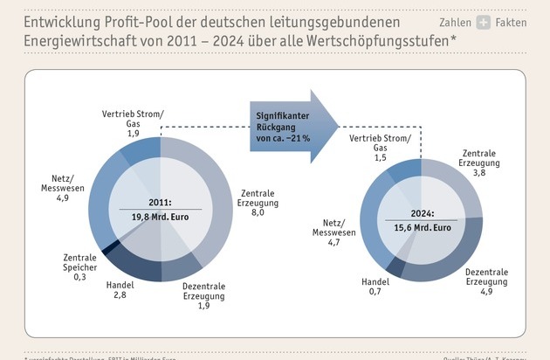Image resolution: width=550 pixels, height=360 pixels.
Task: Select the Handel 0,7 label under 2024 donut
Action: pyautogui.click(x=376, y=287)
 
